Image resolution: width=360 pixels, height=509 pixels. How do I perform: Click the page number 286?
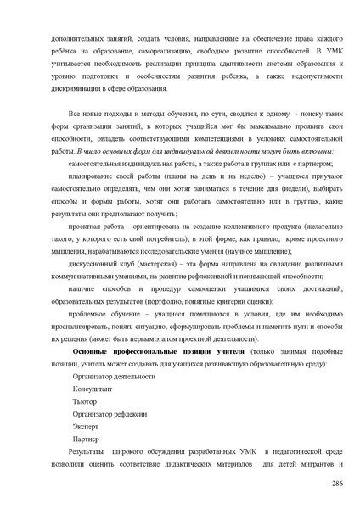click(x=337, y=483)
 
